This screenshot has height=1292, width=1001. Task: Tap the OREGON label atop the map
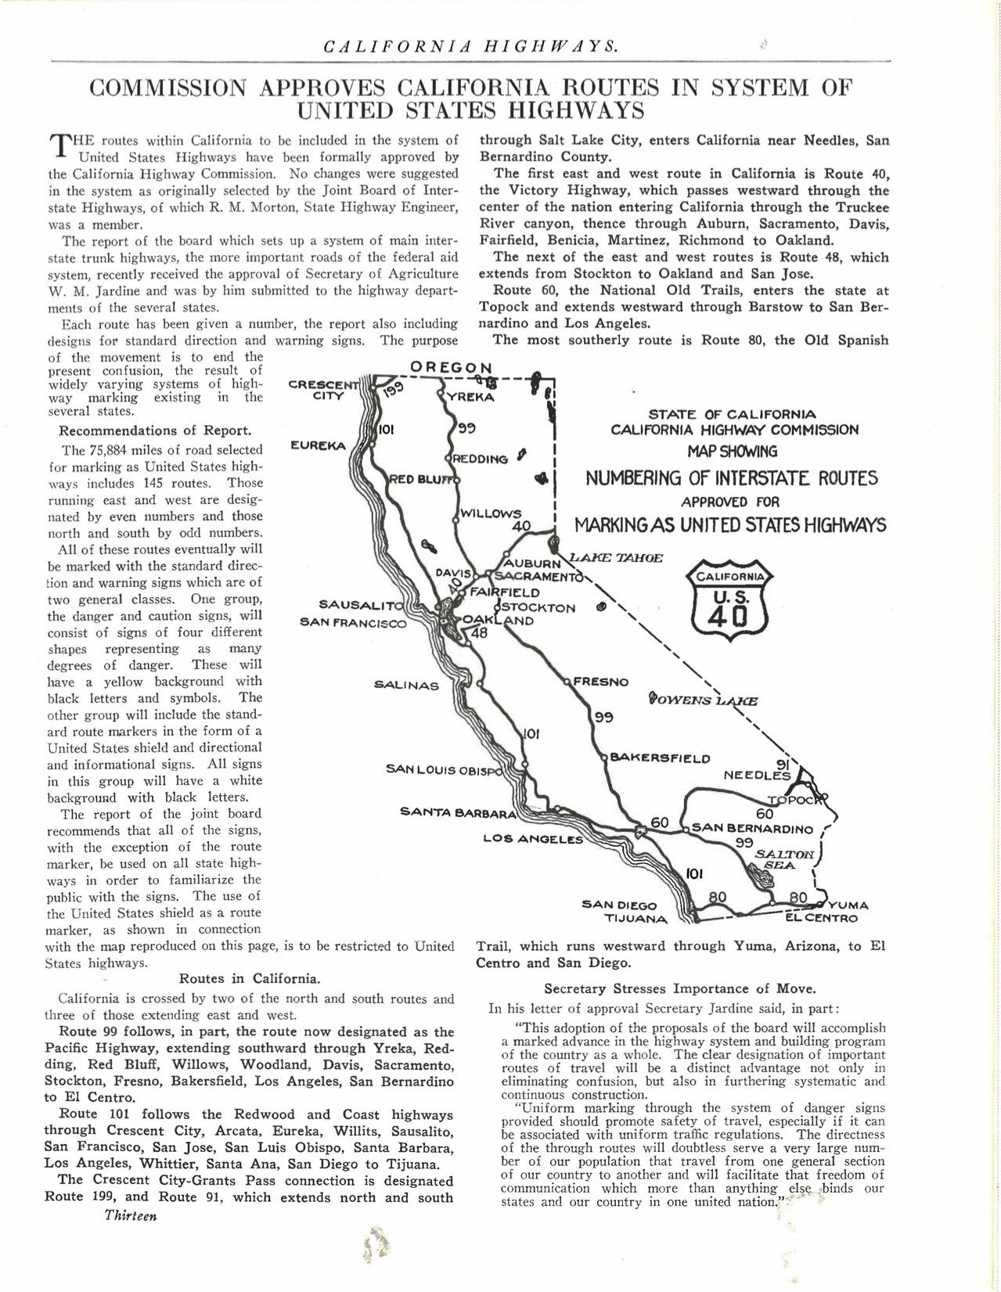(452, 368)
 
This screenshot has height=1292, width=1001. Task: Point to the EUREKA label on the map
(318, 445)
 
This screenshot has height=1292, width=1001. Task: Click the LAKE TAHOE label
(616, 558)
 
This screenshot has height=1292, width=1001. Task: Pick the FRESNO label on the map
(600, 682)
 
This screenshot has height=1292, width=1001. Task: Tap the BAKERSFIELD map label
(660, 758)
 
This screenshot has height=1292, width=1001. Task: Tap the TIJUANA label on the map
(636, 918)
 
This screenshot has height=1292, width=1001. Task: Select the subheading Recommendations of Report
(155, 430)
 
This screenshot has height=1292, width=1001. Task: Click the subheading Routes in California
(249, 978)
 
